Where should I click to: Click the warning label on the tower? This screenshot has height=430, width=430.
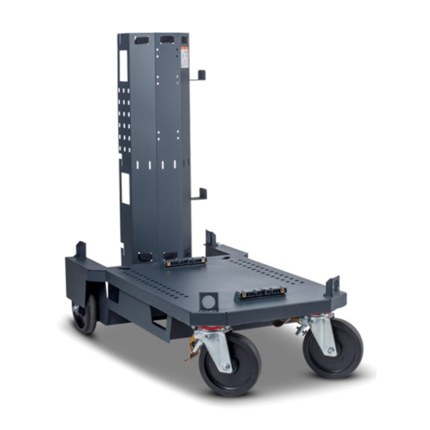pos(185,57)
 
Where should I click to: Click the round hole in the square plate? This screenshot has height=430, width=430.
pos(209,301)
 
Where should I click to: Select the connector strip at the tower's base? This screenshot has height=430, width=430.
pos(184,263)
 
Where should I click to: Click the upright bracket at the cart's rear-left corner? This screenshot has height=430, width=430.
pos(81,250)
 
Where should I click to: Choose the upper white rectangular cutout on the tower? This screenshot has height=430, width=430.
pos(124,66)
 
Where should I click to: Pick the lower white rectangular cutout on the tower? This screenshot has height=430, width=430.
pos(125,189)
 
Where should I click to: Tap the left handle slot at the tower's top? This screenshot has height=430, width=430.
pos(142,40)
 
